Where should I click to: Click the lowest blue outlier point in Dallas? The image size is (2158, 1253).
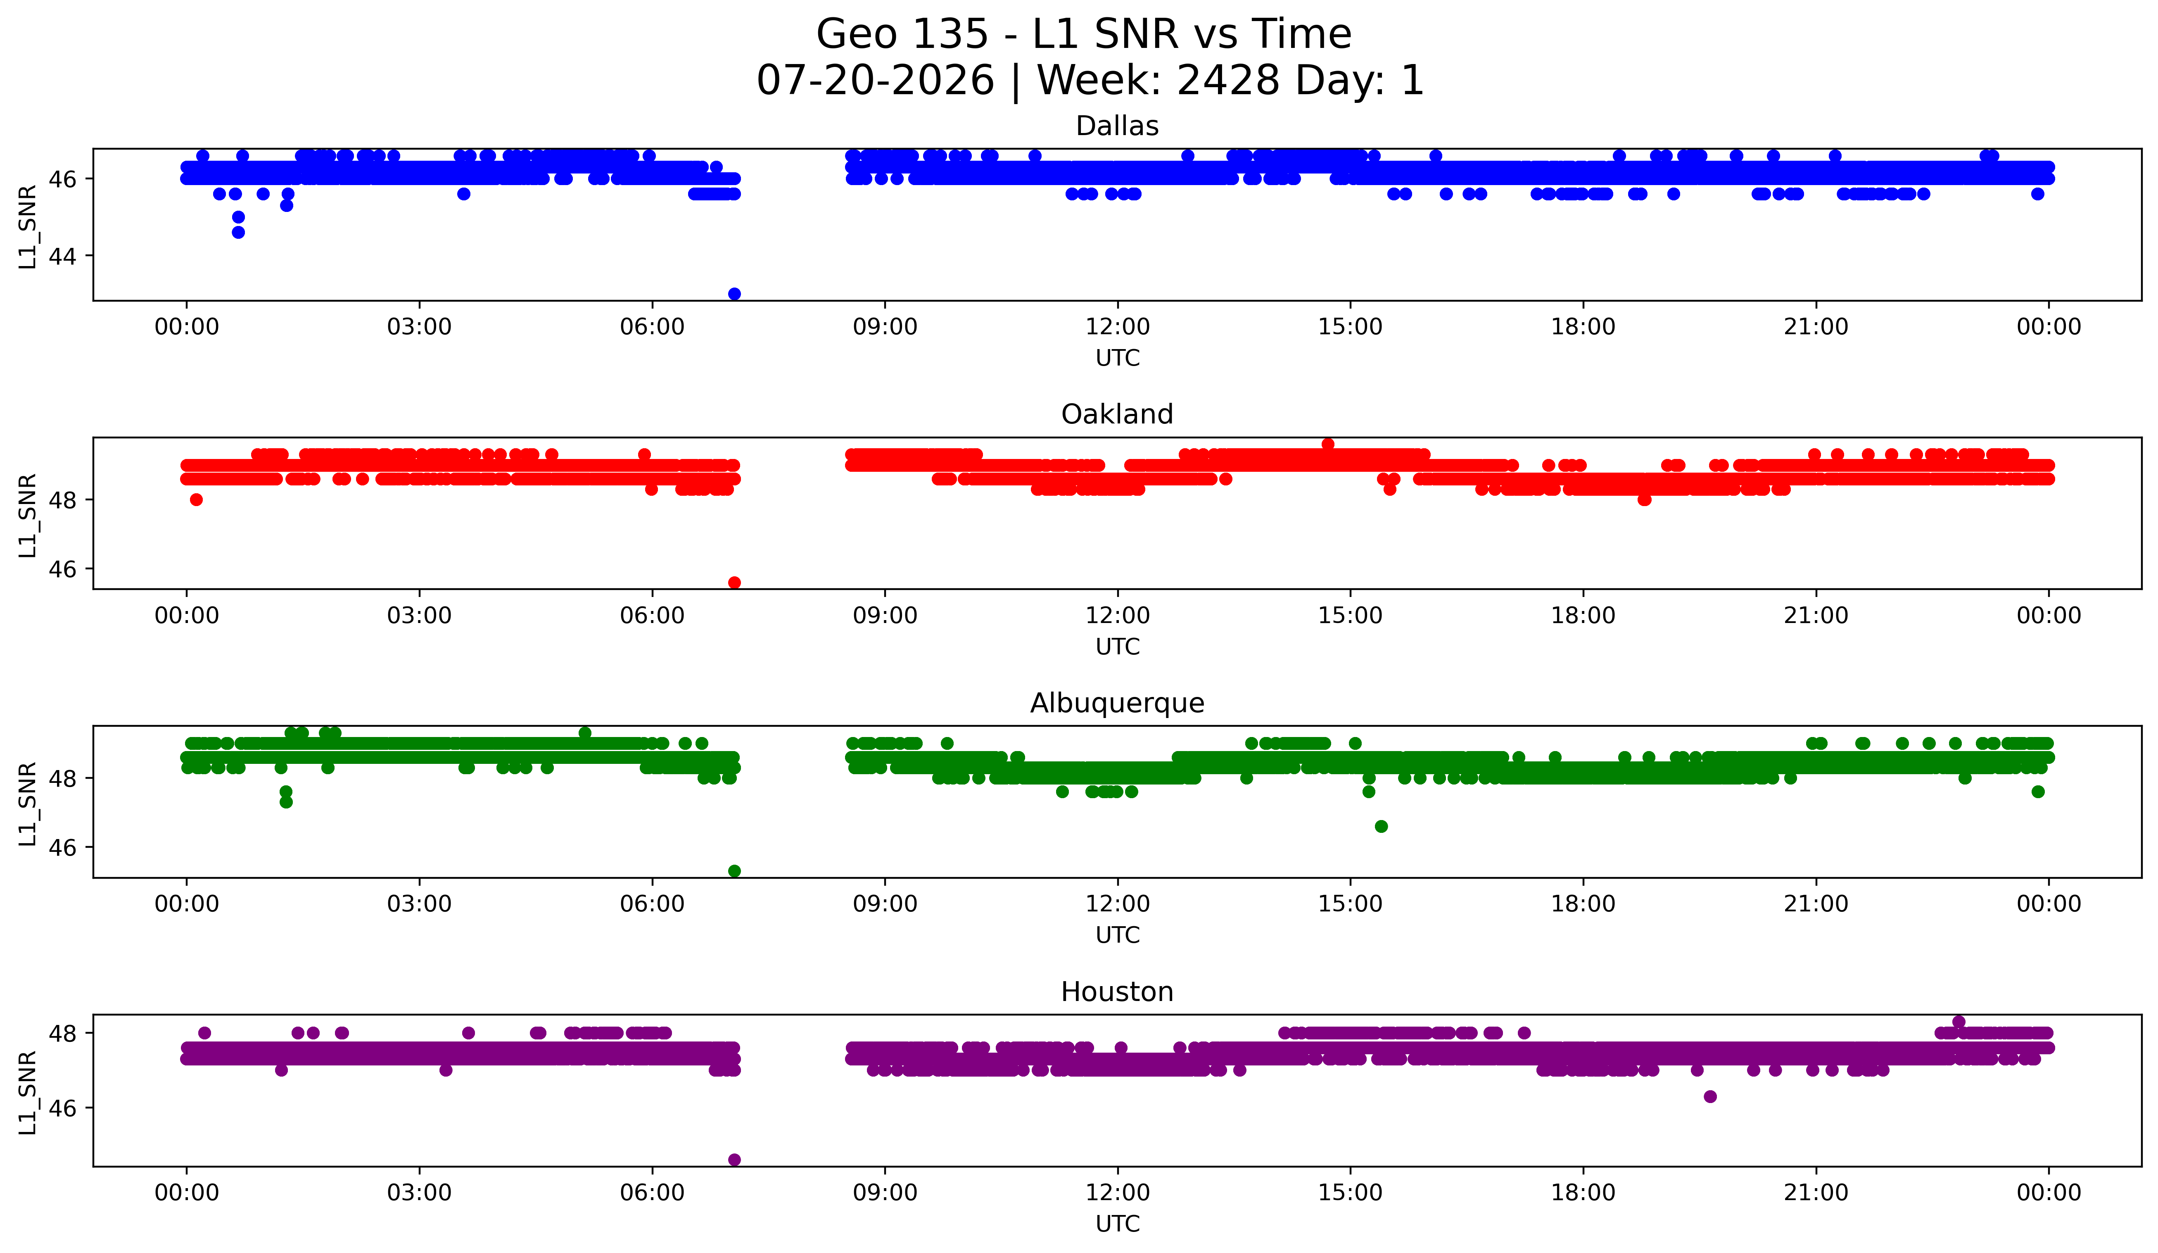click(734, 294)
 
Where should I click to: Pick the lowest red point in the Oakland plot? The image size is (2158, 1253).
click(734, 583)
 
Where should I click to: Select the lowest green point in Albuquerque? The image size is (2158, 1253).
click(734, 871)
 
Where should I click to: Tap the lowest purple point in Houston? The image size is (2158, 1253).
click(734, 1160)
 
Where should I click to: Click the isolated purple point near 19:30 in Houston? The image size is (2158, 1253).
click(1710, 1096)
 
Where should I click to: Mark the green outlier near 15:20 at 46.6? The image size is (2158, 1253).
click(1381, 827)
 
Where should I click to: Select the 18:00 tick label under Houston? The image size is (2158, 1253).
click(1583, 1192)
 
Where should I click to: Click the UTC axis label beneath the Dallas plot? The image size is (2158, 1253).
click(1118, 358)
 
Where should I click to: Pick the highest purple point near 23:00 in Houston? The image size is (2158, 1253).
click(1959, 1022)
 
